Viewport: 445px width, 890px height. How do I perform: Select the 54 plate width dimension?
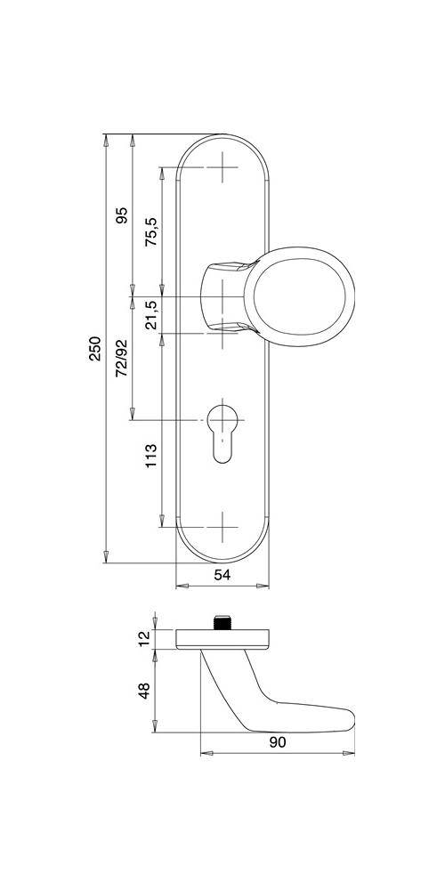222,576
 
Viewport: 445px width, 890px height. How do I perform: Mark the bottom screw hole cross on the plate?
222,526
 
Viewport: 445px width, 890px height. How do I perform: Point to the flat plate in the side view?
222,638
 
